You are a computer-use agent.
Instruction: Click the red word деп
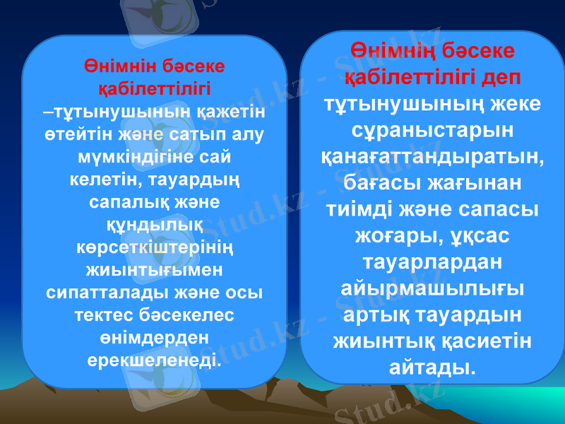[x=501, y=76]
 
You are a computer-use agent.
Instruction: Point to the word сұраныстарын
[x=432, y=131]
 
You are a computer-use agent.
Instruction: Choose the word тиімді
[x=366, y=210]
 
